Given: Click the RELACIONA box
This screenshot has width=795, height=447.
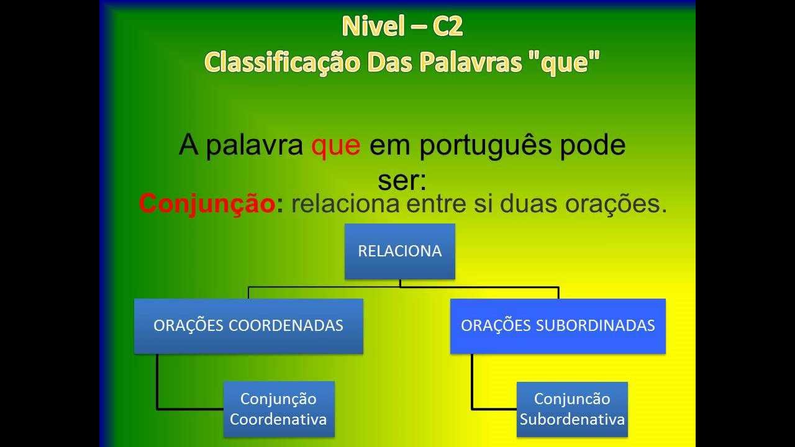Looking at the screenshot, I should coord(400,251).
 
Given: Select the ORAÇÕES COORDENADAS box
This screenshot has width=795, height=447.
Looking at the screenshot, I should coord(248,326).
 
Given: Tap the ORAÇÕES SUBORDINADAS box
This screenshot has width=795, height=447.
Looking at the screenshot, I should coord(558,326).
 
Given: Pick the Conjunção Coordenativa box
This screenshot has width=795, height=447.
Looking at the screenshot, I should coord(278,409).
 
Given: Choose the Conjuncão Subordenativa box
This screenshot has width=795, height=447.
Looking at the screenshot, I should coord(572,409).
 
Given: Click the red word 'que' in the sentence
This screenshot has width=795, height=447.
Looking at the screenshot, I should coord(335,145).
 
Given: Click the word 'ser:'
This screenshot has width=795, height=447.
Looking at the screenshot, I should coord(402,180).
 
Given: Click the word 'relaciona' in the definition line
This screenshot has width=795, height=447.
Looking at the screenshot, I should coord(344,204).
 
